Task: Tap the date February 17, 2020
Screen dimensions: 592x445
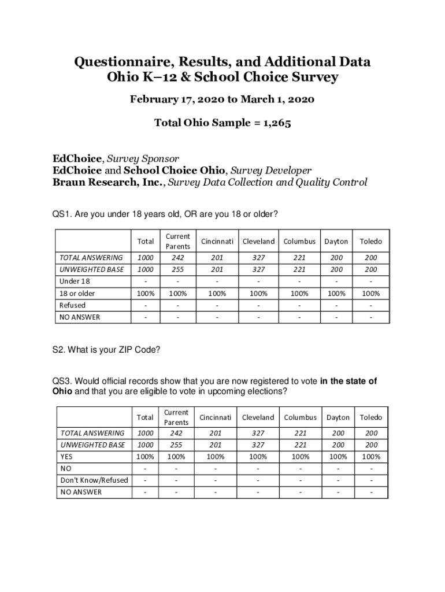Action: [172, 99]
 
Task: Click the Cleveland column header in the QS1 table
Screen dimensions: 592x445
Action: [258, 241]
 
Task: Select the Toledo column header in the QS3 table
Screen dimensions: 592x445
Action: [372, 417]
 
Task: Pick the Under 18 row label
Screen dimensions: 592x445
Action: [75, 282]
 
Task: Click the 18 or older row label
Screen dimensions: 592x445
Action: [77, 293]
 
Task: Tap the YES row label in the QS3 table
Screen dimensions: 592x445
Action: [66, 457]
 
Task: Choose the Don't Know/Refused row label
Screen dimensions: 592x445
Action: [94, 480]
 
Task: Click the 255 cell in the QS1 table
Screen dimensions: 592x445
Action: [177, 269]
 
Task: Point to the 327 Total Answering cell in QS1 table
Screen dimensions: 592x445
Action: [258, 258]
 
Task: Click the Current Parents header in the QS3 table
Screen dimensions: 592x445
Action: [176, 417]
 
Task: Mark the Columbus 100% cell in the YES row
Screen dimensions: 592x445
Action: [300, 457]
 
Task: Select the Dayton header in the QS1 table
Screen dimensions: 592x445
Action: [336, 241]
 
